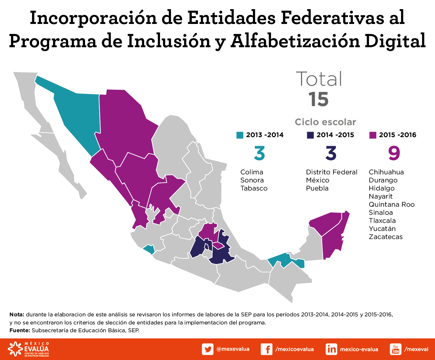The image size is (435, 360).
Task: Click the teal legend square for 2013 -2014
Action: click(x=240, y=135)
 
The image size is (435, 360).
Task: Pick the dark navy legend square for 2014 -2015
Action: click(x=310, y=135)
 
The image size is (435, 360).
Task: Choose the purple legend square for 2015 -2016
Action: click(x=373, y=135)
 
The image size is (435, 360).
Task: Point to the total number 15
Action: click(x=318, y=99)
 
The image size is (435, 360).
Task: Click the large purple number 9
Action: click(x=394, y=153)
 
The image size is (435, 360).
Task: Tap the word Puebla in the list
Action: click(x=317, y=188)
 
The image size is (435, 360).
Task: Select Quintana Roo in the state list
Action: click(x=391, y=204)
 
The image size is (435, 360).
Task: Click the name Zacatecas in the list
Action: click(x=386, y=237)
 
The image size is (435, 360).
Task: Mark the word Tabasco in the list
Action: click(x=254, y=188)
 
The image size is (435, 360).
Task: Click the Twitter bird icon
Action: click(x=208, y=349)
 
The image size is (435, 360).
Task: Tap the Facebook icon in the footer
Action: click(x=266, y=349)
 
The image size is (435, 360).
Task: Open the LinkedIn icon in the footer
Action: click(x=332, y=349)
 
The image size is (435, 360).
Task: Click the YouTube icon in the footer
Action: click(x=396, y=349)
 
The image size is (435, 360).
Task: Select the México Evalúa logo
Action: click(x=28, y=349)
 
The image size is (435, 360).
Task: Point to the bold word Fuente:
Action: click(x=20, y=330)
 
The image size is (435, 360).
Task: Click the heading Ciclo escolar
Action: click(x=325, y=122)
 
